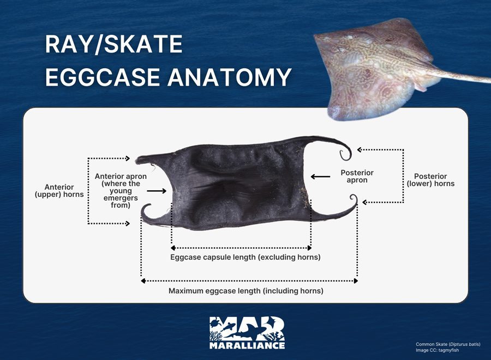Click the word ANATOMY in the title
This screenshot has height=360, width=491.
tap(230, 77)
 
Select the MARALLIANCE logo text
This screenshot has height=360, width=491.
tap(247, 345)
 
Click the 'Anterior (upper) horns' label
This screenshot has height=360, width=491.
tap(59, 191)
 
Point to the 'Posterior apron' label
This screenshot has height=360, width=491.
tap(357, 176)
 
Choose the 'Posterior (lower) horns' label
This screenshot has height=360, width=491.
tap(430, 180)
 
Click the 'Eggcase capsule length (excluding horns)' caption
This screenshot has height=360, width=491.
tap(245, 257)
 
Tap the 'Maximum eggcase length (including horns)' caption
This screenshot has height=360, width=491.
tap(246, 291)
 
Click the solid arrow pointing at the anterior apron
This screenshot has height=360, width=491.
tap(157, 191)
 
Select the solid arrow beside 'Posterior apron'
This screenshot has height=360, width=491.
tap(320, 177)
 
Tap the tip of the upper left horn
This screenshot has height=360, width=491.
tap(137, 161)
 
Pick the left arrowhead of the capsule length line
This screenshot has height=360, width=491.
tap(172, 248)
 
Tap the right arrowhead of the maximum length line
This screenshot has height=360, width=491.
tap(356, 281)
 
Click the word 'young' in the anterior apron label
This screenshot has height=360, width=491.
tap(121, 191)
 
